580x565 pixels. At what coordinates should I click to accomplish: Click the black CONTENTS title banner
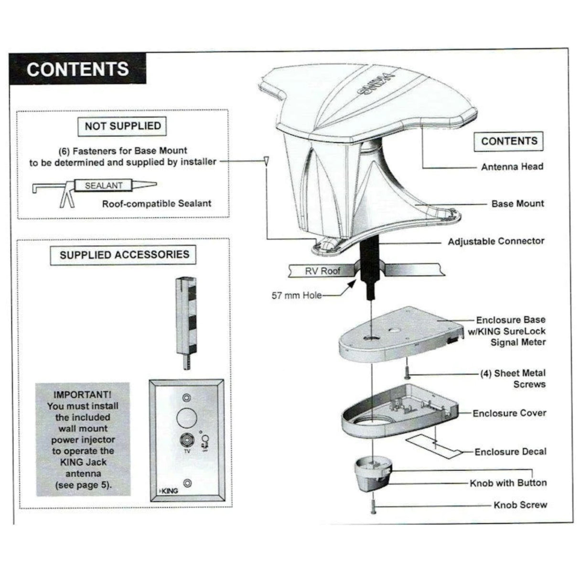(77, 69)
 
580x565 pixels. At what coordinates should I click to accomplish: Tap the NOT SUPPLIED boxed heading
(122, 126)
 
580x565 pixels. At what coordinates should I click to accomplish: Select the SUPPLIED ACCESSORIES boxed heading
(124, 255)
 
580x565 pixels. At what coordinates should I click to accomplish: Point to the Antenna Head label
(512, 167)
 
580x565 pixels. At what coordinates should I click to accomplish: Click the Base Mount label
(517, 204)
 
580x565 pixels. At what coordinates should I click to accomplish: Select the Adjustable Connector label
(496, 241)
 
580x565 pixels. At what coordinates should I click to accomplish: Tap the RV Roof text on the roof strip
(323, 271)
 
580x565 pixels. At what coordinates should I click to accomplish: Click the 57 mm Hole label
(296, 295)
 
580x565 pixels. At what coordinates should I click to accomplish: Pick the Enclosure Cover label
(509, 413)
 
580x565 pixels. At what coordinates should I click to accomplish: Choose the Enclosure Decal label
(510, 452)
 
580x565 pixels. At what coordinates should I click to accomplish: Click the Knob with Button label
(508, 483)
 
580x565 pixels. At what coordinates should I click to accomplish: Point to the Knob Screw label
(520, 505)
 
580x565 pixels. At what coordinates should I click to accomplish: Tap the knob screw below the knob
(373, 506)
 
